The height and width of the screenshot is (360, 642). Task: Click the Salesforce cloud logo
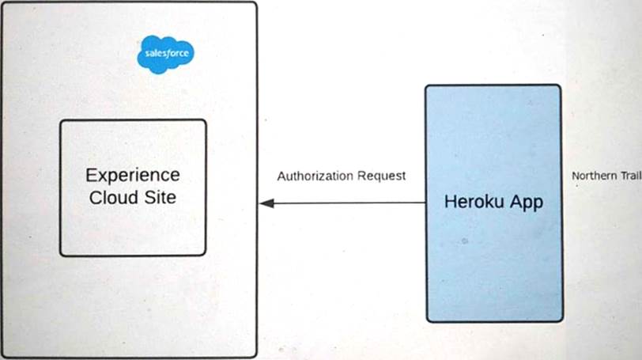(164, 54)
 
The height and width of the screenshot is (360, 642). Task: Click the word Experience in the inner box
(133, 175)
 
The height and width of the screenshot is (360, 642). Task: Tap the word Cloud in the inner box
(114, 197)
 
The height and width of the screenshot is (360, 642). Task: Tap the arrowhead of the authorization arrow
(266, 203)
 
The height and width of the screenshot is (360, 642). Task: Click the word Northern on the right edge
(595, 176)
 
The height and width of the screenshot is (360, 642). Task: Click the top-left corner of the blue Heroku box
(427, 86)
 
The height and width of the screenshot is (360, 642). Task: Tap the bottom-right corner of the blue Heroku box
(561, 320)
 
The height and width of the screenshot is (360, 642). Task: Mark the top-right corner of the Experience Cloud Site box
(205, 121)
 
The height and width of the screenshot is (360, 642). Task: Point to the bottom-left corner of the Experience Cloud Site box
(62, 255)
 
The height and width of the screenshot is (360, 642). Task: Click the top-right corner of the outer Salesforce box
(255, 4)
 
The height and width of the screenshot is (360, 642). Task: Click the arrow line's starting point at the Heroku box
(425, 203)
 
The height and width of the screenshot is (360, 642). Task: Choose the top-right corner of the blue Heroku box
(560, 86)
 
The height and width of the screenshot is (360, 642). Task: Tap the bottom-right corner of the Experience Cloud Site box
(205, 255)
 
